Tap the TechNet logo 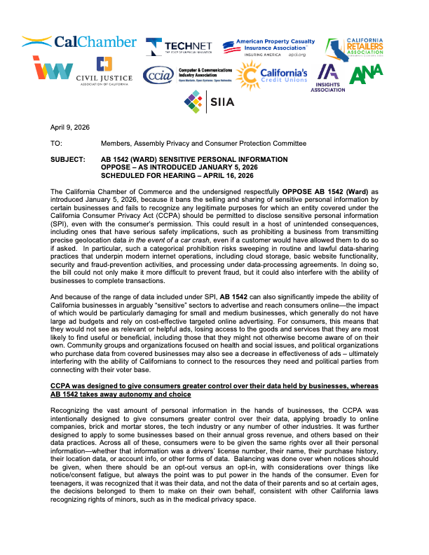pyautogui.click(x=179, y=46)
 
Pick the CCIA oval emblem pyautogui.click(x=156, y=75)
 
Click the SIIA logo pyautogui.click(x=204, y=102)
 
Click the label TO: pyautogui.click(x=56, y=143)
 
